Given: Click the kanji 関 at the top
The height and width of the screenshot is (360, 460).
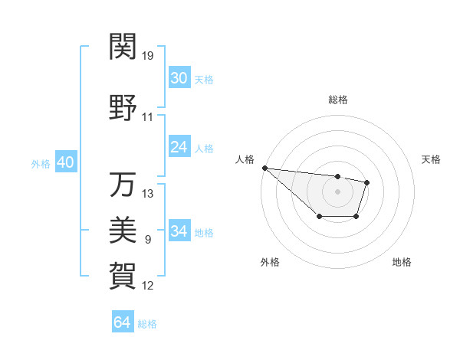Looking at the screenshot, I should [x=123, y=47].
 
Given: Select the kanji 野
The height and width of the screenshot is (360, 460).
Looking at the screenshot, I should [x=123, y=108].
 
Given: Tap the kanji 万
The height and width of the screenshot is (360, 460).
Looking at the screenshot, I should [x=123, y=184].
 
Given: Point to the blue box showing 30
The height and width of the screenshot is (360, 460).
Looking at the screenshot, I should [x=179, y=78].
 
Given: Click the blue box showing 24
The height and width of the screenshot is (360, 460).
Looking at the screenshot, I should [x=179, y=147].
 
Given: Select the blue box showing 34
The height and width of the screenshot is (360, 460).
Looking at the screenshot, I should [x=179, y=231].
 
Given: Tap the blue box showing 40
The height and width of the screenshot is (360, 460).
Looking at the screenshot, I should [x=65, y=162].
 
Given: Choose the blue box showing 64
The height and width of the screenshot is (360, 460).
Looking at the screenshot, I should [x=123, y=322].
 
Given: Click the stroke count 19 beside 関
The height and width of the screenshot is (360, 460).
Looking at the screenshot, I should [x=148, y=56].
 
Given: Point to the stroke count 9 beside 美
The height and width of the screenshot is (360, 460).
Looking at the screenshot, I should [x=148, y=240].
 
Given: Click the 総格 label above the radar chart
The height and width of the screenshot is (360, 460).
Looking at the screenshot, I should [x=337, y=100].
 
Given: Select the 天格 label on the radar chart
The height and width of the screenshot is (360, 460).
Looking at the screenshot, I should [x=432, y=159].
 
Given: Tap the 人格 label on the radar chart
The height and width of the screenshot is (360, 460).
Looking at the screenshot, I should [x=245, y=159].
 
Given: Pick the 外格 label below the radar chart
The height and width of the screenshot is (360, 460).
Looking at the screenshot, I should [x=270, y=262].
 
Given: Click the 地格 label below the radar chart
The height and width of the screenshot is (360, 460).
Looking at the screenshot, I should [x=402, y=262].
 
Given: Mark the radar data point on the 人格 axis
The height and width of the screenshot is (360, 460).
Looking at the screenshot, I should [x=264, y=168].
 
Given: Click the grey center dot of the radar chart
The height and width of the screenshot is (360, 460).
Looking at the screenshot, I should [x=337, y=191].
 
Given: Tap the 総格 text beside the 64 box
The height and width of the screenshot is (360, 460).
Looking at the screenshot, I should [x=147, y=324].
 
